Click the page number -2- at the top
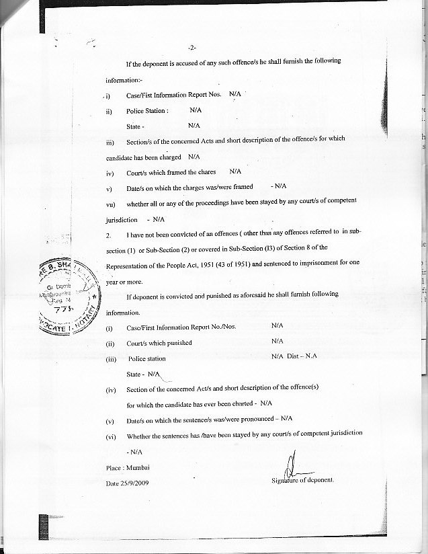(192, 48)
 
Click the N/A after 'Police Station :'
(196, 110)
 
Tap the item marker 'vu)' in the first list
(111, 204)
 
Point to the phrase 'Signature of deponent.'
(302, 480)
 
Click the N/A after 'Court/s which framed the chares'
(235, 171)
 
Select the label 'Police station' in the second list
(146, 359)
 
